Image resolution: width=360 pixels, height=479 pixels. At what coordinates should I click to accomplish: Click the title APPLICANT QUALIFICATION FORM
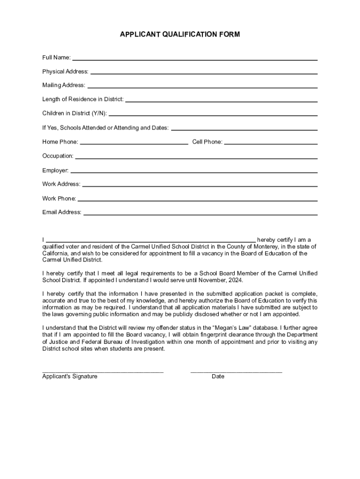(x=180, y=35)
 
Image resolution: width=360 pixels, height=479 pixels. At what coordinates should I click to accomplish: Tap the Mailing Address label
(x=64, y=85)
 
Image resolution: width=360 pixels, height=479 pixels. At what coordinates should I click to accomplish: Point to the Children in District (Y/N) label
(x=74, y=114)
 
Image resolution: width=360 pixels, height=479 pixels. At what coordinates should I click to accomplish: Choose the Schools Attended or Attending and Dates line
(x=245, y=129)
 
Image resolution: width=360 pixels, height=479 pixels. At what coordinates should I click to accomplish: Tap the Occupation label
(x=58, y=156)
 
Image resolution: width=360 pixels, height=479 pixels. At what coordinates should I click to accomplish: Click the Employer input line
(x=194, y=172)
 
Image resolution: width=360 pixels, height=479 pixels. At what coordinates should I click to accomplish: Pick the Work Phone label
(x=59, y=199)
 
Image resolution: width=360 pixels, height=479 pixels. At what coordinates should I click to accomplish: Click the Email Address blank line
(x=201, y=214)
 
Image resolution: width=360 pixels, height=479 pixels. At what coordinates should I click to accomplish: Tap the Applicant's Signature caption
(x=70, y=377)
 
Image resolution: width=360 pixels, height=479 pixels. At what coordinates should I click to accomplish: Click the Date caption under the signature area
(x=218, y=377)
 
